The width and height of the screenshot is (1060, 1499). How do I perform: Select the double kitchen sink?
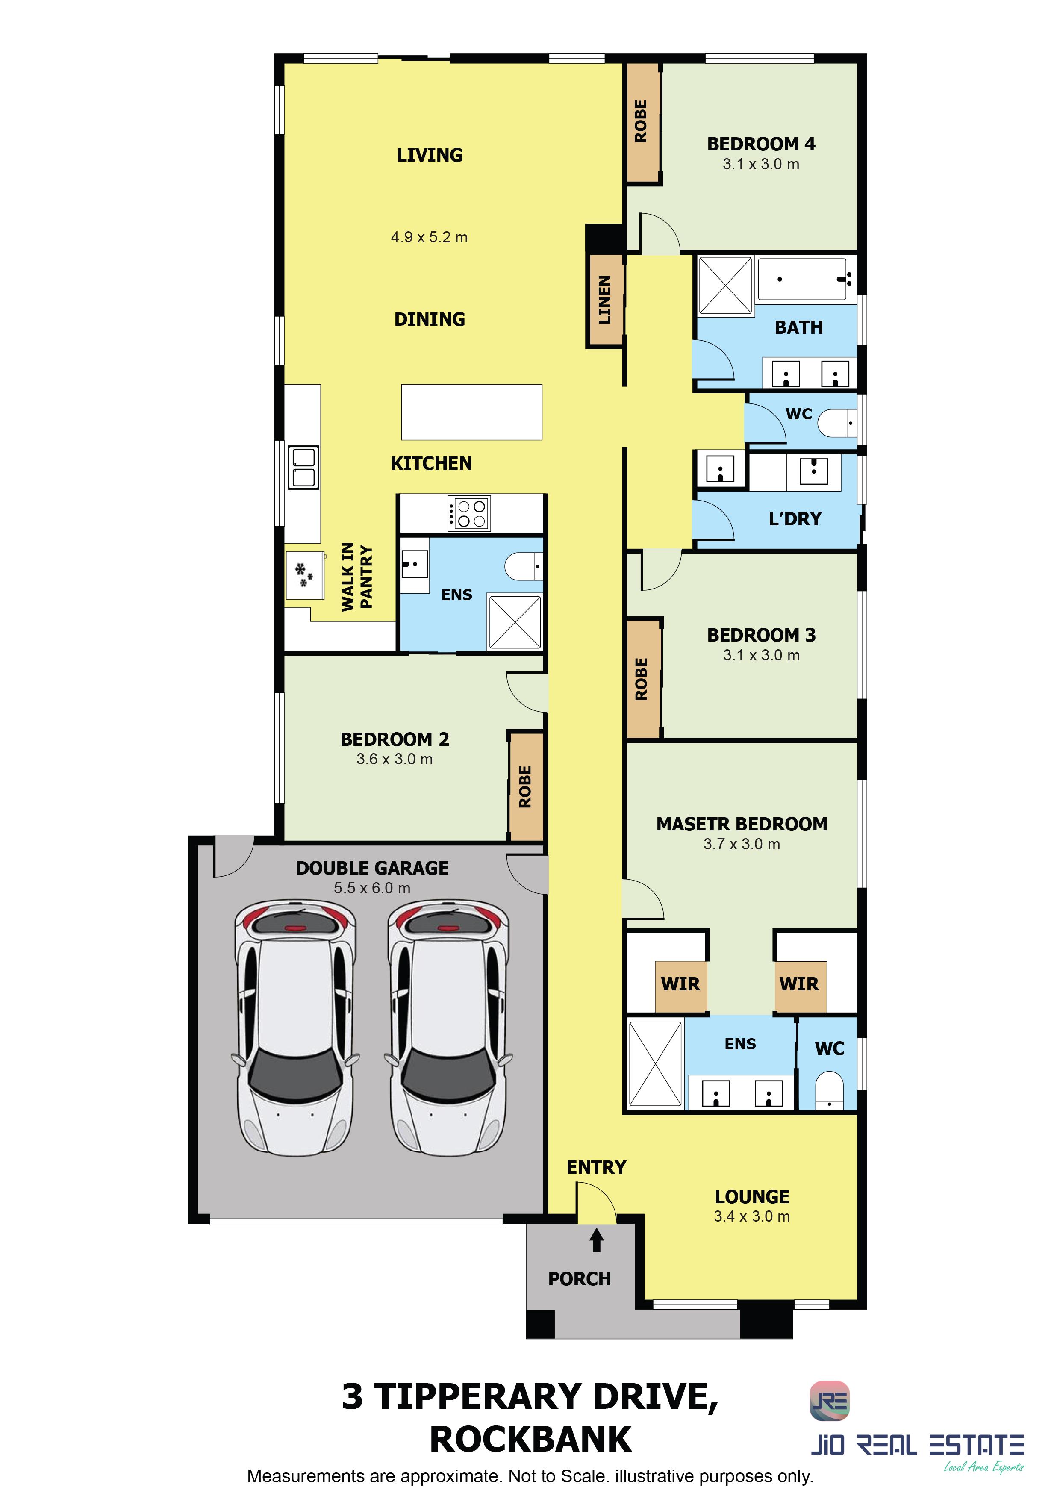[x=303, y=468]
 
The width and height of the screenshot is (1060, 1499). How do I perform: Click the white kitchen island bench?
[x=471, y=412]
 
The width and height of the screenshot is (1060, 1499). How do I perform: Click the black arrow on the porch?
[x=597, y=1240]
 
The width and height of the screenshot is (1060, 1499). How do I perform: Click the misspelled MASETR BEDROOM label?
[x=742, y=824]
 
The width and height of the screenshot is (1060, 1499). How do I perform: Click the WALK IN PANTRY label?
[x=356, y=577]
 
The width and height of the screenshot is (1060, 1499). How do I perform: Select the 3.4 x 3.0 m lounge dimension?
[x=752, y=1216]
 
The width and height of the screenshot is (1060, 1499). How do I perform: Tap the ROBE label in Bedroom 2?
[x=525, y=787]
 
